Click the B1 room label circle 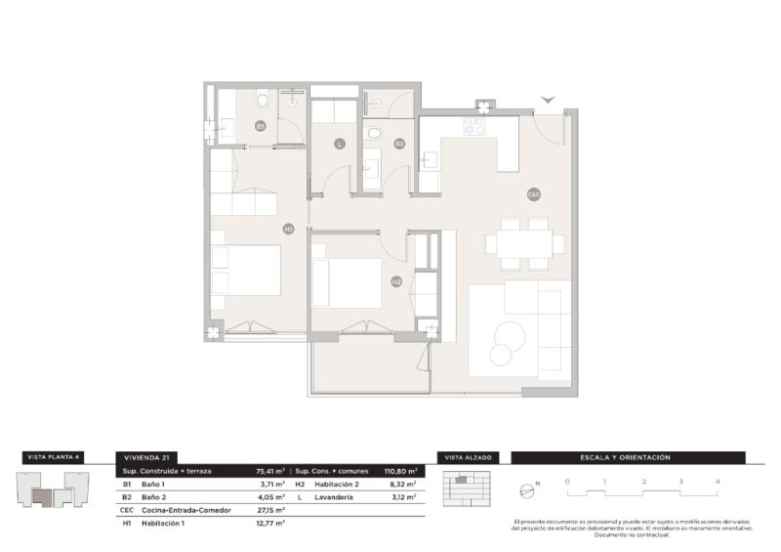pos(261,126)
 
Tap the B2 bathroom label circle pos(399,144)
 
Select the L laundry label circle pos(339,144)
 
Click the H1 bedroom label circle pos(288,229)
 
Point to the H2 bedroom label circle pos(396,281)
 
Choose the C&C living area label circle pos(533,193)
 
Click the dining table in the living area pos(526,243)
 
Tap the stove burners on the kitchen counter pos(473,126)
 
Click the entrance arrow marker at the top pos(549,99)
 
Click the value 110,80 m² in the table pos(401,470)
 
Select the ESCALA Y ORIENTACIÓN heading pos(625,457)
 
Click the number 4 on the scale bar pos(718,482)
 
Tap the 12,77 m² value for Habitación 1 pos(270,523)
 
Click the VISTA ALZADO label pos(468,457)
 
